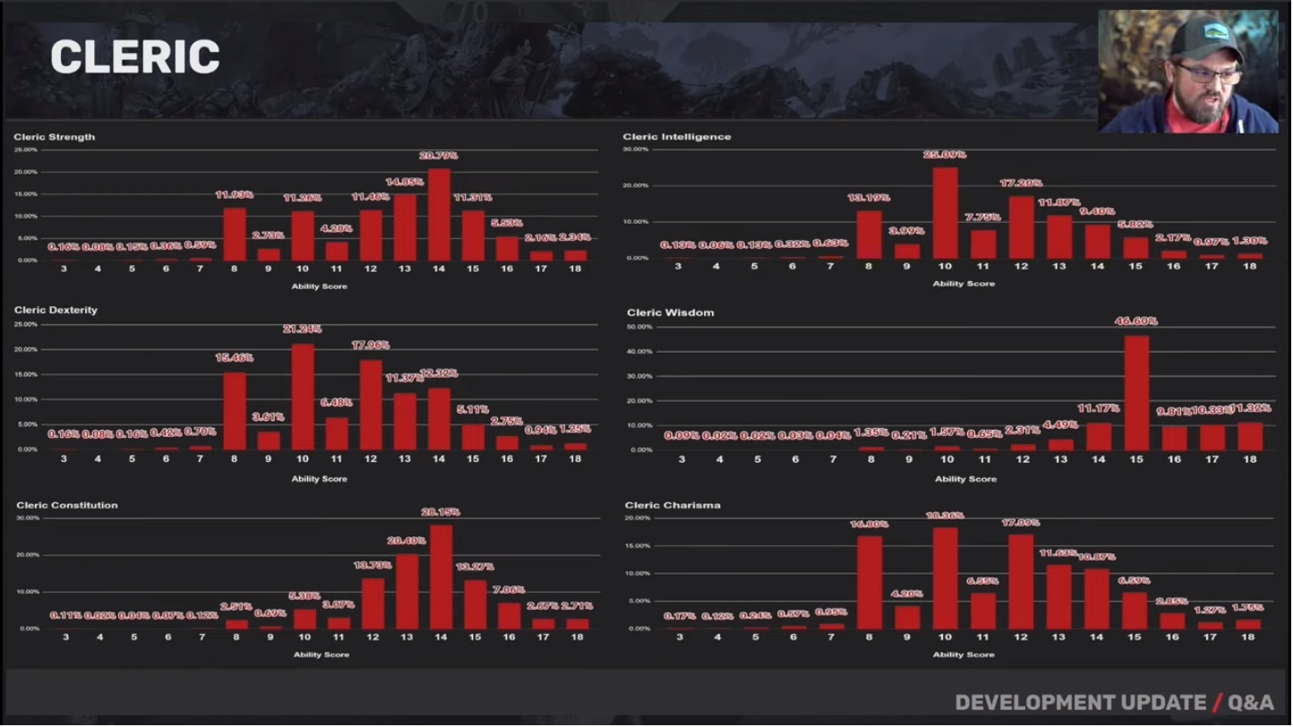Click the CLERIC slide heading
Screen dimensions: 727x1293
(x=135, y=58)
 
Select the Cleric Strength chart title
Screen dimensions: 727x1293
(x=54, y=137)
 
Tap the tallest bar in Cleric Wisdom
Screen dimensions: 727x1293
(x=1136, y=393)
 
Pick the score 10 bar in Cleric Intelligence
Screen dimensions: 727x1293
(x=945, y=213)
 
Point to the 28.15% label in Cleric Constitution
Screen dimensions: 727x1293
(x=440, y=512)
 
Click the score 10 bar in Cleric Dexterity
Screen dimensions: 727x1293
(x=303, y=397)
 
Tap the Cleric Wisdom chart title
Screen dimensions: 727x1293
(x=670, y=312)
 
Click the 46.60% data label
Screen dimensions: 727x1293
(x=1136, y=321)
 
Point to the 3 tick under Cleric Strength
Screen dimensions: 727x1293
(x=64, y=269)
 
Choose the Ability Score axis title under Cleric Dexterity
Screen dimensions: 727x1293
(x=319, y=479)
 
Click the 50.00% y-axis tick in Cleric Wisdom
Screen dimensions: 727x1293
(x=639, y=328)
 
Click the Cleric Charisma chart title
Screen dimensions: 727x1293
(x=672, y=505)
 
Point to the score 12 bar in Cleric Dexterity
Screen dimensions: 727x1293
(x=371, y=405)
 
